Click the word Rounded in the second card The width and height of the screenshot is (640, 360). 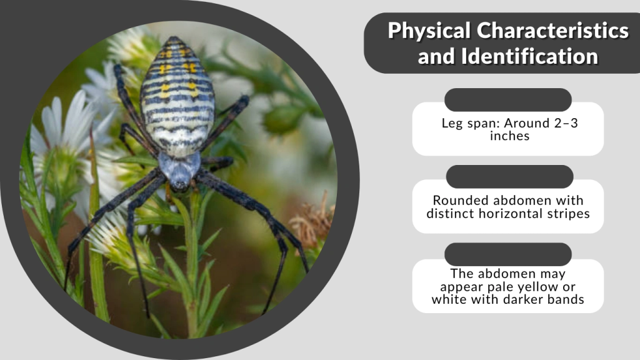click(460, 201)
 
